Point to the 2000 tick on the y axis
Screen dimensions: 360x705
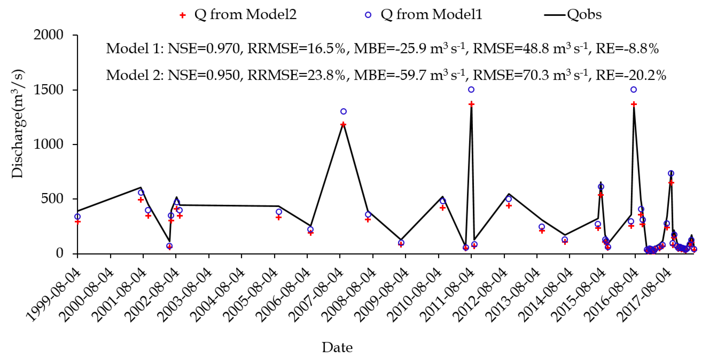click(x=48, y=35)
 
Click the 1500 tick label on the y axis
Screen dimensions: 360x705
click(x=48, y=90)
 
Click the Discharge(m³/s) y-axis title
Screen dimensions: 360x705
click(x=18, y=124)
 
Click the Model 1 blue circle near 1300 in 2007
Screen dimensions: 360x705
click(x=343, y=111)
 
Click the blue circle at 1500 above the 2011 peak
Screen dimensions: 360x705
click(x=471, y=90)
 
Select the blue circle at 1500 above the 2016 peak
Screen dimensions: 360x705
click(x=634, y=90)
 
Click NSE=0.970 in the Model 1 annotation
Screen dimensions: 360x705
click(x=204, y=49)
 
